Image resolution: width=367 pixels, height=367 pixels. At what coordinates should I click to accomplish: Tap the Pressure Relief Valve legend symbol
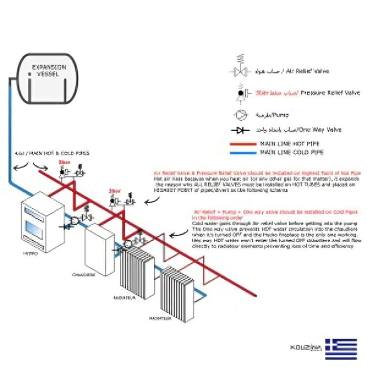point(241,94)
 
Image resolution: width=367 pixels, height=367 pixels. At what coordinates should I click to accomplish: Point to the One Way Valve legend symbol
point(241,131)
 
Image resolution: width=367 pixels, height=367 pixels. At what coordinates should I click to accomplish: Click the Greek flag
point(341,348)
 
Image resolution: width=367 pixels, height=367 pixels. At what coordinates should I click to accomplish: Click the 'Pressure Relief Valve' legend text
point(330,92)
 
